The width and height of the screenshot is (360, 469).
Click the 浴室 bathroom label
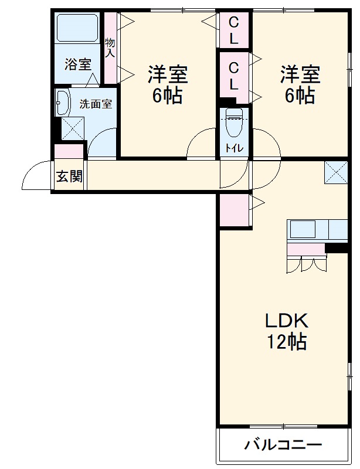click(x=78, y=65)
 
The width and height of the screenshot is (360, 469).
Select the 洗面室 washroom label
click(x=96, y=105)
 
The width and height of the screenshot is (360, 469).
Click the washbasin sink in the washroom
click(x=62, y=103)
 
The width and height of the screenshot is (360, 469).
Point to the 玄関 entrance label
click(x=69, y=176)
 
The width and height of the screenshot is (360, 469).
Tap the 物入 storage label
click(x=110, y=47)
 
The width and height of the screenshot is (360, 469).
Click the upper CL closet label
click(x=233, y=31)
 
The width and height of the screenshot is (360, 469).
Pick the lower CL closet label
click(x=233, y=74)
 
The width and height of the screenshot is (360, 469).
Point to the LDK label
click(x=287, y=321)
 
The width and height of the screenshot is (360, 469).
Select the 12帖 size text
click(x=287, y=341)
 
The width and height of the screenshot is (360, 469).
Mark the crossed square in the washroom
click(x=73, y=128)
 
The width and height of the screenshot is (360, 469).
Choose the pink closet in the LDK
click(x=234, y=210)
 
